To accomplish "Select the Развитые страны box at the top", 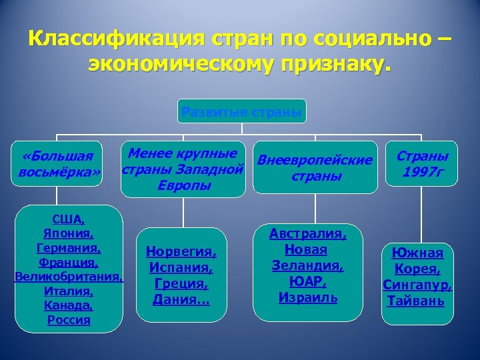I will (x=241, y=111).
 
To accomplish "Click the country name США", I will (x=68, y=219).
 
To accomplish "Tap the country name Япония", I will (x=68, y=233).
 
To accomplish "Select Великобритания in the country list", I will (x=69, y=277).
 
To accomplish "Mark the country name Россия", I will (x=69, y=320).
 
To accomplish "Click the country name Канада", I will (x=69, y=305).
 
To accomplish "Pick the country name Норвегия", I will (x=181, y=254).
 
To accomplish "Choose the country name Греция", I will (x=181, y=284).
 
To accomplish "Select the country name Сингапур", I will (x=417, y=285).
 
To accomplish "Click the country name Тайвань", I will (x=417, y=301).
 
